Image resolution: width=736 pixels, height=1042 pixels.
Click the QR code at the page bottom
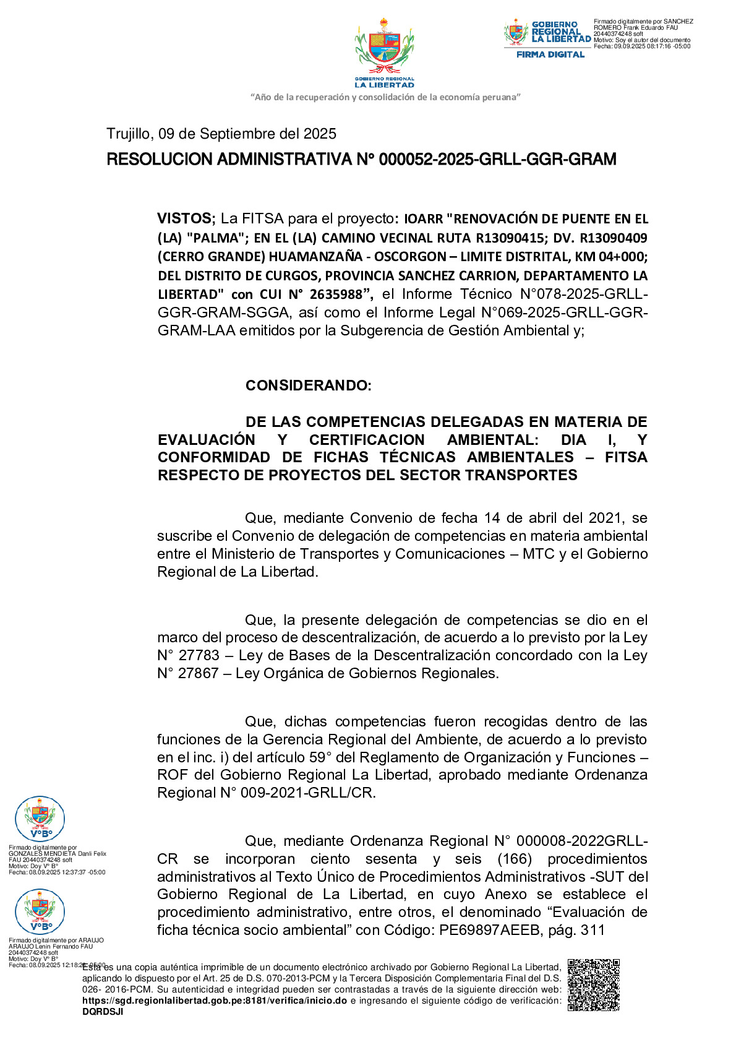click(593, 984)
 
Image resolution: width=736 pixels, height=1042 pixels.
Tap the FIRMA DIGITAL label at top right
click(550, 54)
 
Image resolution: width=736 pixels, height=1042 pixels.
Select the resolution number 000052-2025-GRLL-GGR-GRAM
click(497, 160)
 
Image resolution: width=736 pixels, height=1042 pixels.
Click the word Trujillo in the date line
click(128, 134)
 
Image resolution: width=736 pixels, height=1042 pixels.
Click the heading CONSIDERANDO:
click(308, 385)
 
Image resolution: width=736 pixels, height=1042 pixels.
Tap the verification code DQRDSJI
click(103, 1012)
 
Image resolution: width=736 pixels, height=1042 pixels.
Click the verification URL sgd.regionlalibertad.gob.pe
click(215, 1001)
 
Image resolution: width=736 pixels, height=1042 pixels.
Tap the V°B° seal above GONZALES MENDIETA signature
click(40, 819)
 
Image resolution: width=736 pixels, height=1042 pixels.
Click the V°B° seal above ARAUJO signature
click(40, 911)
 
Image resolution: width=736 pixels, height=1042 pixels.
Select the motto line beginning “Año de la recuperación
click(385, 97)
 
